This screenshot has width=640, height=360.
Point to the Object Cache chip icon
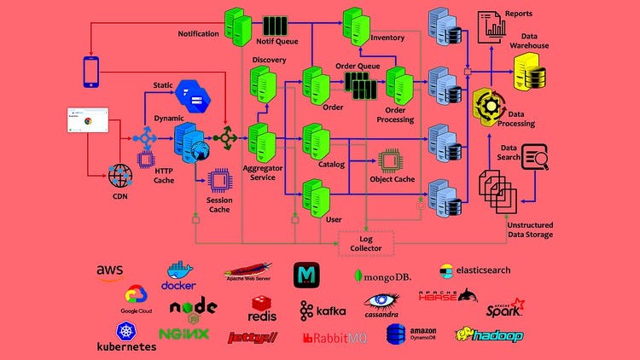(392, 160)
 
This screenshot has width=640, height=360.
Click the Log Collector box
(366, 243)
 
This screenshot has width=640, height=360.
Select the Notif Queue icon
(276, 26)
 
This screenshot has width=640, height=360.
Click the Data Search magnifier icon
(535, 157)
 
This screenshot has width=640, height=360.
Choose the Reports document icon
(492, 26)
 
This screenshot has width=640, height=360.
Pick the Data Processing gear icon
(490, 107)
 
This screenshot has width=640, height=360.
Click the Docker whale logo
(180, 274)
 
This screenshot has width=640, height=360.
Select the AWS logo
(110, 272)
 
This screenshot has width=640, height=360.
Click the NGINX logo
(183, 334)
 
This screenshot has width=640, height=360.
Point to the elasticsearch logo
(474, 270)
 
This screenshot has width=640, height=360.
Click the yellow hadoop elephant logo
(488, 334)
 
